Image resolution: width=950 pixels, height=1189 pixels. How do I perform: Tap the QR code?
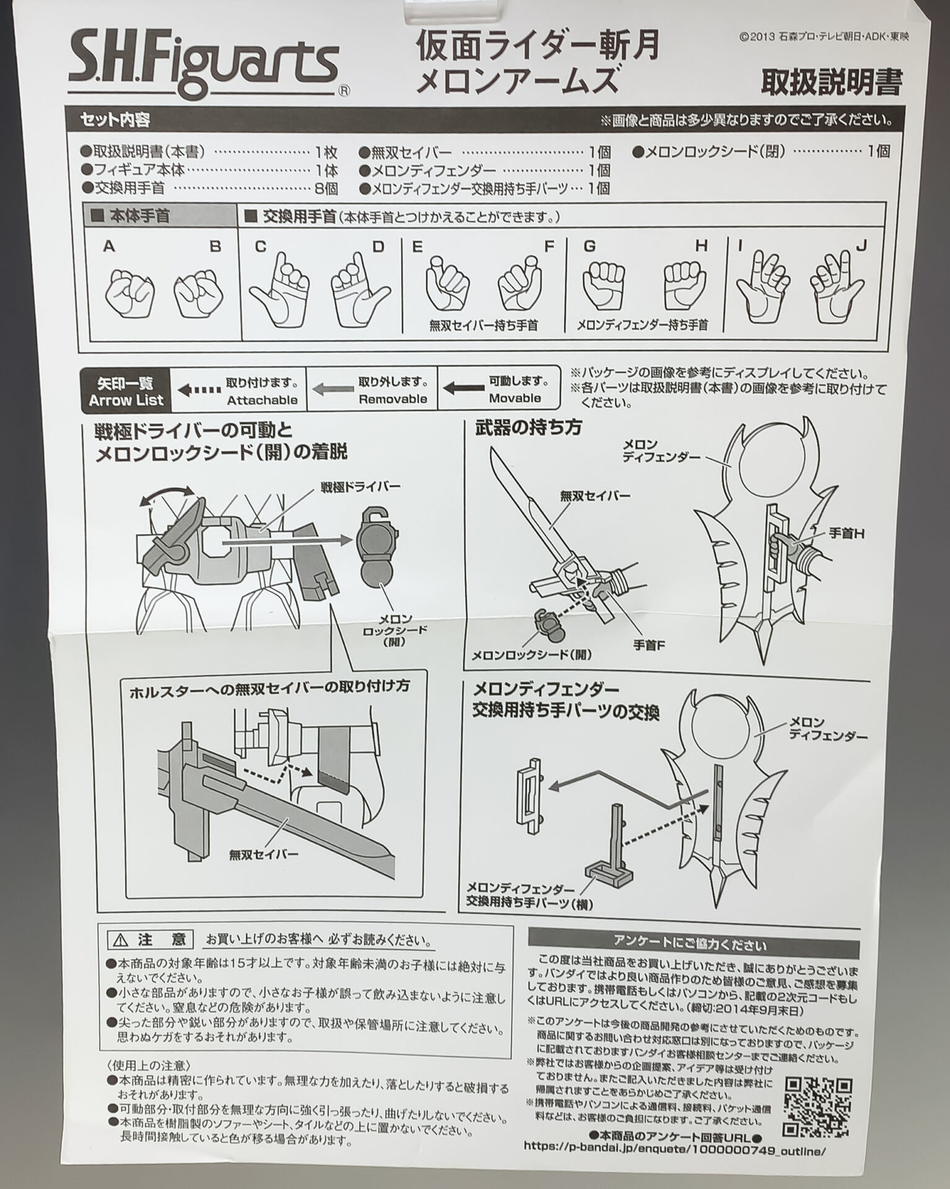[x=819, y=1103]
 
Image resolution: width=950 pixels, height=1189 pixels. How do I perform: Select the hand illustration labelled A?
[x=129, y=292]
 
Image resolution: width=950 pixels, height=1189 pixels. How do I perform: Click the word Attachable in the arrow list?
[x=262, y=400]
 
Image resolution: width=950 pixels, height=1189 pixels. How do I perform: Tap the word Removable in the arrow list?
[x=393, y=399]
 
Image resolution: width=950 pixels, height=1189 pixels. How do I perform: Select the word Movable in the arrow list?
[x=515, y=398]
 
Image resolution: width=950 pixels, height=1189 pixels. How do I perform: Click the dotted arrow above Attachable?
[x=199, y=390]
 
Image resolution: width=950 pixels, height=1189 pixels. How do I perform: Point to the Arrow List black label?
[x=126, y=391]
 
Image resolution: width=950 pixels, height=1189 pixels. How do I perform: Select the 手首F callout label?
[x=649, y=645]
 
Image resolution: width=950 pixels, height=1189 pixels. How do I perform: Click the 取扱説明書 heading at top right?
[x=831, y=82]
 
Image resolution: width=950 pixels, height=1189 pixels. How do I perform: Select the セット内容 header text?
[x=115, y=120]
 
